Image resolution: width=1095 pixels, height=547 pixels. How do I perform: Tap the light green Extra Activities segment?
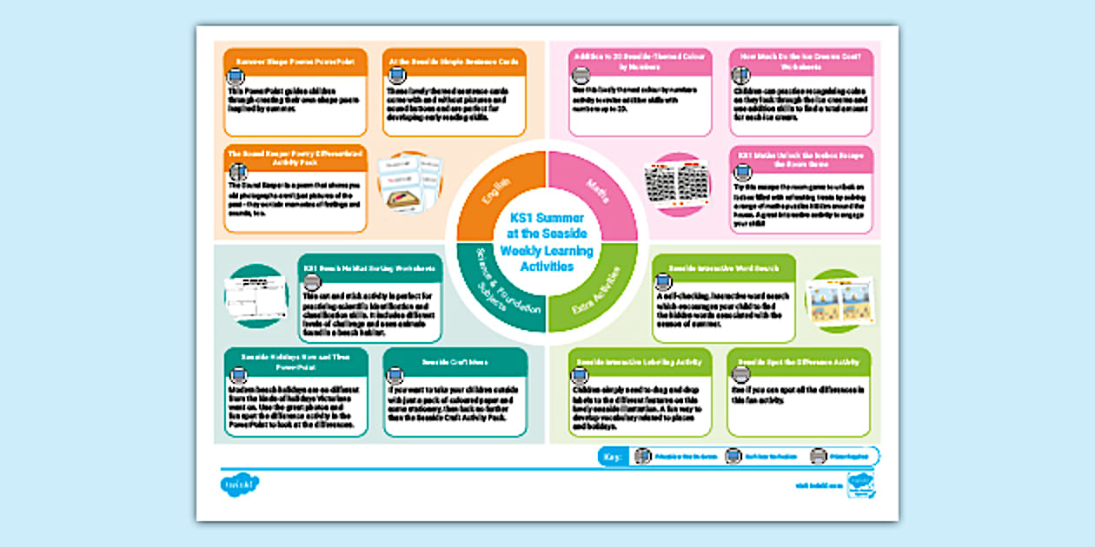(600, 294)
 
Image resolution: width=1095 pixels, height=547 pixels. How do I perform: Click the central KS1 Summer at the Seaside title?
(547, 242)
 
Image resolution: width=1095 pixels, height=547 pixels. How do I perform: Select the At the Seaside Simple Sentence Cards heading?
(455, 62)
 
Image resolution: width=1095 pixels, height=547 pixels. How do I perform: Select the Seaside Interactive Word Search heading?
(724, 268)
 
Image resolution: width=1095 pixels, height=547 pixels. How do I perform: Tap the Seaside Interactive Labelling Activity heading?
(640, 361)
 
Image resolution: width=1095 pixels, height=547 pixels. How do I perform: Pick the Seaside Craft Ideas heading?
(455, 361)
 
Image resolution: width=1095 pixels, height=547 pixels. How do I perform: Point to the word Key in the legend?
(613, 457)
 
